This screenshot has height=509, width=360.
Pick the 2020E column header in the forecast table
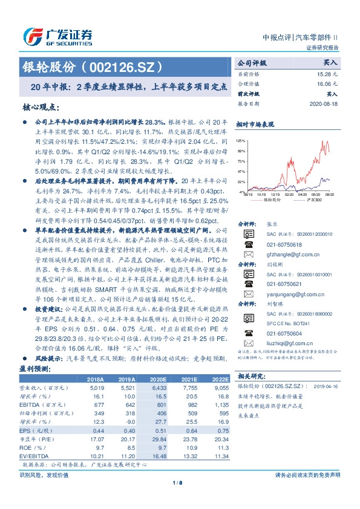156,378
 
